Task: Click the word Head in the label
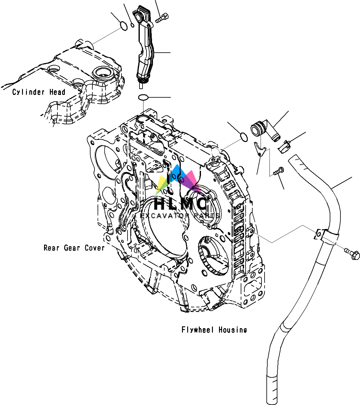click(57, 92)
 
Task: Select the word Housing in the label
click(232, 330)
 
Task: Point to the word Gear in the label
click(72, 248)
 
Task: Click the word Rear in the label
click(51, 248)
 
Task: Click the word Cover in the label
click(95, 248)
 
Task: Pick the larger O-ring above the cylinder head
click(123, 26)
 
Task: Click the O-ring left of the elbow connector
click(243, 137)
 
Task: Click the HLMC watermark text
click(180, 203)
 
